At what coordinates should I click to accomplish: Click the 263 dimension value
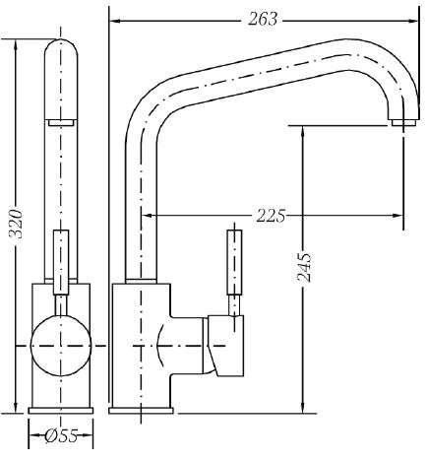click(263, 19)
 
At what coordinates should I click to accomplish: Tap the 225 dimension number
click(271, 216)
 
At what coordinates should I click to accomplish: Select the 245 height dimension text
click(304, 267)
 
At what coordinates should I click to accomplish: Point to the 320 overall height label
click(16, 224)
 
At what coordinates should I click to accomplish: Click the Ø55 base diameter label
click(61, 435)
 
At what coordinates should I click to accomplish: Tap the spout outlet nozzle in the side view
click(403, 123)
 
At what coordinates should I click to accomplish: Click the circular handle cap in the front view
click(61, 346)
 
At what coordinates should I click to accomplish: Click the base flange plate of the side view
click(141, 411)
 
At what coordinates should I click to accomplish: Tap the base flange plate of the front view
click(61, 411)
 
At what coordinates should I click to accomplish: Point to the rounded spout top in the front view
click(61, 49)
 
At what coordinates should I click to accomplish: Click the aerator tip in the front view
click(62, 123)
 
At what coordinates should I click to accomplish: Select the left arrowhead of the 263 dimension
click(114, 21)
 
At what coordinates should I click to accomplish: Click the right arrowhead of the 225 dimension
click(398, 216)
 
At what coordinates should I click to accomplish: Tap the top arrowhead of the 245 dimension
click(302, 131)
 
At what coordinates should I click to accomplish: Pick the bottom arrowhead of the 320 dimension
click(16, 407)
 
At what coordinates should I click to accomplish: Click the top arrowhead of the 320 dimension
click(16, 44)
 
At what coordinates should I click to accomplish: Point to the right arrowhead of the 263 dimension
click(414, 21)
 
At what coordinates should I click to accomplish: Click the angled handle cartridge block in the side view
click(224, 346)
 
